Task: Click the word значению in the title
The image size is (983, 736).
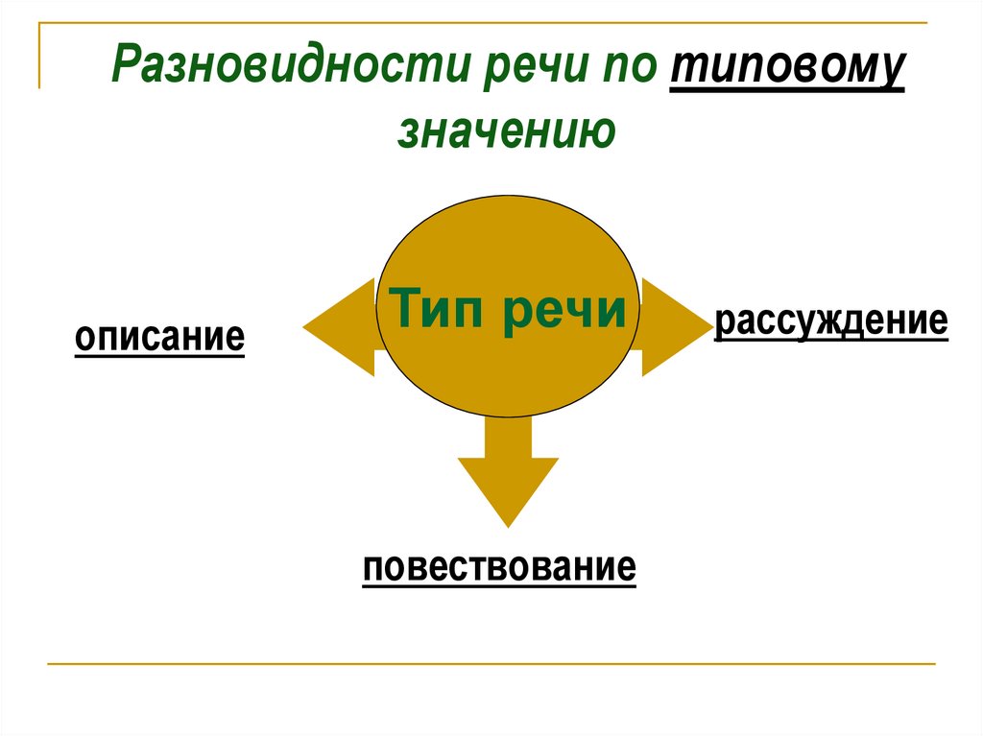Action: [505, 131]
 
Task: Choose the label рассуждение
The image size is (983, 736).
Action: [831, 321]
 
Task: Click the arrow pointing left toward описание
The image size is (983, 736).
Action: [341, 326]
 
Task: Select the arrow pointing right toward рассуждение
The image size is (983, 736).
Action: [672, 326]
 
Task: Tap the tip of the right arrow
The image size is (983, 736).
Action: [707, 326]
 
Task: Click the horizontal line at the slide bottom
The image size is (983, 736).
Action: [490, 663]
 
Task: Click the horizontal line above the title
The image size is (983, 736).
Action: [480, 22]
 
